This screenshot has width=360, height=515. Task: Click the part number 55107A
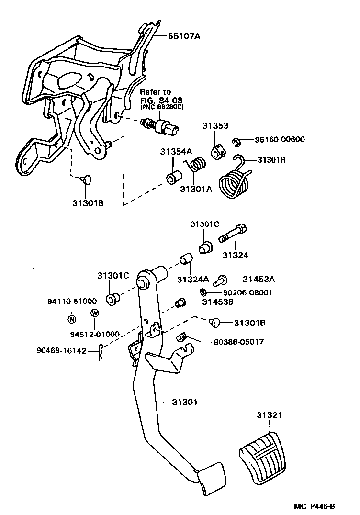pyautogui.click(x=184, y=36)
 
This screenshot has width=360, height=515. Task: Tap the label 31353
pyautogui.click(x=215, y=126)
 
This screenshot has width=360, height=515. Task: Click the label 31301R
pyautogui.click(x=271, y=160)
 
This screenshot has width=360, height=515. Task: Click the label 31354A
pyautogui.click(x=176, y=152)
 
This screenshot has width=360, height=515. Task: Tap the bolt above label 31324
pyautogui.click(x=233, y=235)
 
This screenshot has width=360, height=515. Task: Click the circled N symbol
pyautogui.click(x=72, y=319)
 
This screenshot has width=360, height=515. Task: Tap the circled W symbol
pyautogui.click(x=95, y=313)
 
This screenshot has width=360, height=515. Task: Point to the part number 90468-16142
pyautogui.click(x=61, y=351)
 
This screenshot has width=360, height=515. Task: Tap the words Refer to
pyautogui.click(x=155, y=92)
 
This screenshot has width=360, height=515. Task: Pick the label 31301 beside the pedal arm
pyautogui.click(x=185, y=402)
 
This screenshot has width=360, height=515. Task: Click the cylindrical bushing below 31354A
pyautogui.click(x=174, y=178)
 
